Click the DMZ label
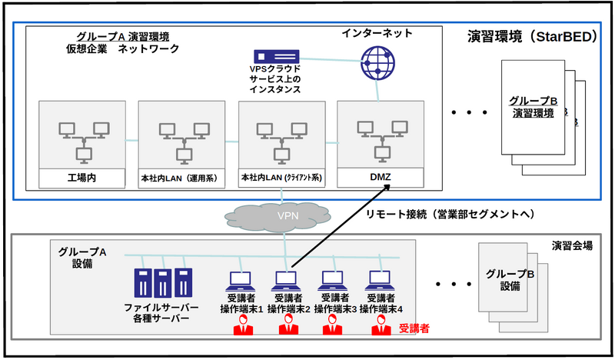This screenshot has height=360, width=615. [380, 178]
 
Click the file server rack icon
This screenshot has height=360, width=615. [161, 282]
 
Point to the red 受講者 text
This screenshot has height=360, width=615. [414, 328]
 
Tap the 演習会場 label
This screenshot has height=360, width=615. [572, 246]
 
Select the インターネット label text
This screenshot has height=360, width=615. [377, 34]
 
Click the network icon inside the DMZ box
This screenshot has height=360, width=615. [380, 138]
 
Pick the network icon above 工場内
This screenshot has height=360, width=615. [81, 138]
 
